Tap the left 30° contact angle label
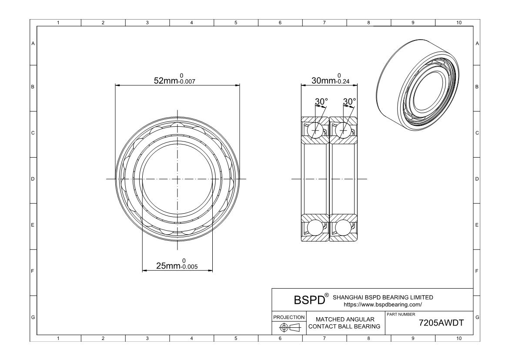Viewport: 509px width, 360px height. (x=321, y=101)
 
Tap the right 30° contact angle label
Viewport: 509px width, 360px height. (x=349, y=101)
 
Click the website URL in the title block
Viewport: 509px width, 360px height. (x=383, y=304)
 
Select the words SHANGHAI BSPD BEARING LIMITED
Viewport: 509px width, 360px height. (x=383, y=297)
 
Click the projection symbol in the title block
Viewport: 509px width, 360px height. (x=289, y=327)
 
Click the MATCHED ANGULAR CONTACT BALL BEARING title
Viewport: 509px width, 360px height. (x=345, y=323)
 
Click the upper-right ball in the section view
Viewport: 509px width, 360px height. (x=344, y=130)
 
